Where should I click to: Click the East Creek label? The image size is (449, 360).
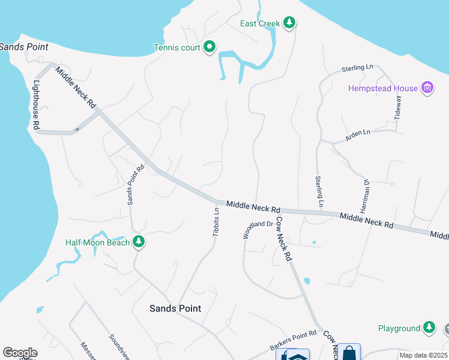click(260, 23)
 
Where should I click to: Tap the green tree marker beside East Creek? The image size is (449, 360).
click(290, 23)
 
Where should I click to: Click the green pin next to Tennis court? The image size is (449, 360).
click(209, 46)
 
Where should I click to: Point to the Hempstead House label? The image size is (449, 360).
click(383, 89)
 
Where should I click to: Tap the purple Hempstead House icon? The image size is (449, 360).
click(427, 89)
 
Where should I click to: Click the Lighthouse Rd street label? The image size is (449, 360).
click(37, 105)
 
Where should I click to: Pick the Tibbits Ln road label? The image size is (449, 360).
click(215, 222)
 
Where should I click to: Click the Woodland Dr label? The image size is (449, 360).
click(258, 230)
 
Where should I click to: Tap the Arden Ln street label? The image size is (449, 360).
click(358, 136)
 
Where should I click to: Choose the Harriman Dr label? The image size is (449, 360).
click(364, 196)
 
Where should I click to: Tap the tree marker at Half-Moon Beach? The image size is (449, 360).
click(139, 242)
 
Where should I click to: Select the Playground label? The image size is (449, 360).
click(399, 328)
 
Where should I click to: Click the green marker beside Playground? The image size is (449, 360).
click(429, 328)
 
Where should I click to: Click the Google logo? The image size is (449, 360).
click(19, 353)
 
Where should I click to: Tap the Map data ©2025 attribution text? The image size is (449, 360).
click(423, 355)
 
